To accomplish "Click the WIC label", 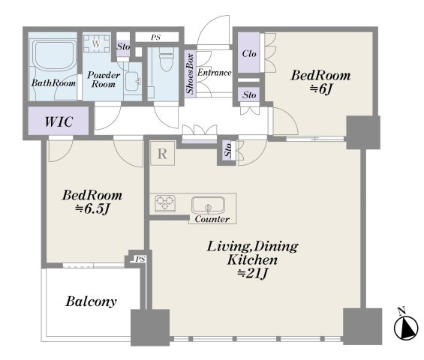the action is tap(59, 121).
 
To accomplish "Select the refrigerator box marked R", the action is tap(162, 153).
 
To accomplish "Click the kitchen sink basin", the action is tap(208, 205).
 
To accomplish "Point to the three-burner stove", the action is tap(165, 203).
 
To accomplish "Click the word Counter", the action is tap(212, 219).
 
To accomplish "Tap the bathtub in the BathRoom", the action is tap(55, 55).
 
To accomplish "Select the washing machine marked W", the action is tap(96, 43).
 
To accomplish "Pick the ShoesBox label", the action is tap(190, 73).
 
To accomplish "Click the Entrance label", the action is tap(214, 73).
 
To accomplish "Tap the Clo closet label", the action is tap(249, 53).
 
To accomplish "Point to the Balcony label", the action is tap(91, 301).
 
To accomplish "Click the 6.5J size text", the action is tap(92, 208).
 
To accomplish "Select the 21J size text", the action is tap(252, 274).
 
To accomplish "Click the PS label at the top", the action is tap(155, 37).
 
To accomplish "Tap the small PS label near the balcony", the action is tap(140, 259).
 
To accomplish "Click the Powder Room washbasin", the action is tap(133, 81).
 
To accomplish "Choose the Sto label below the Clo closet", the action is tap(249, 94).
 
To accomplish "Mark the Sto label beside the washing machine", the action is tap(123, 46).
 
